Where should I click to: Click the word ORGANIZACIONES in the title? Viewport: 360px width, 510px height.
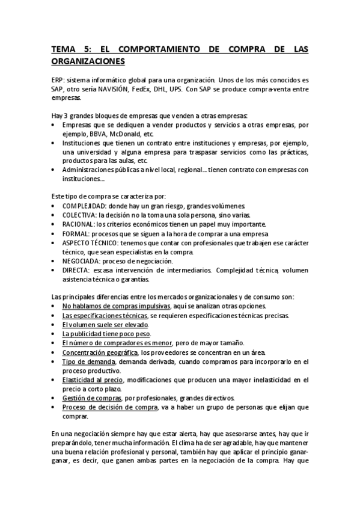(x=88, y=61)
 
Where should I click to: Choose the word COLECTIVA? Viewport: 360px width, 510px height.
(x=80, y=215)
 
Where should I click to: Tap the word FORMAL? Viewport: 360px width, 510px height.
(x=76, y=233)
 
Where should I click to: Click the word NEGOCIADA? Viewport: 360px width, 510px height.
(x=82, y=261)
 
